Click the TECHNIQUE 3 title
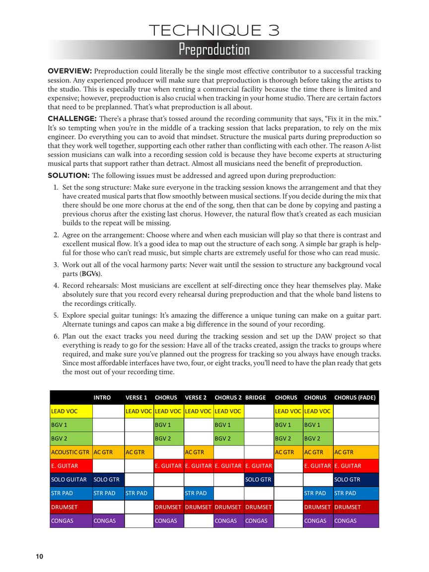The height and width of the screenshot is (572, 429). tap(214, 31)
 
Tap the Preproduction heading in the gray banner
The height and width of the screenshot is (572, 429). tap(214, 50)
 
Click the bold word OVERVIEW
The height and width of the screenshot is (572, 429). tap(70, 71)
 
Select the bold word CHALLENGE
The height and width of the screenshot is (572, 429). tap(71, 118)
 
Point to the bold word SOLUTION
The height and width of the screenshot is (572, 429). tap(69, 175)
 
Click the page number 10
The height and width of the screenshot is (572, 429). tap(39, 557)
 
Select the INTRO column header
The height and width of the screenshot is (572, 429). tap(102, 398)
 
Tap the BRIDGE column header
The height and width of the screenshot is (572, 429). tap(256, 398)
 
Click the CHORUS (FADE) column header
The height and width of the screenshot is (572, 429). tap(355, 398)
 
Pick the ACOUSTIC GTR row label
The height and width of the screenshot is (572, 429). tap(70, 452)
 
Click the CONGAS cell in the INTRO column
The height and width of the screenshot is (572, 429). tap(105, 521)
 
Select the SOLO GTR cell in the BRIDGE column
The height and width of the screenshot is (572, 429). tap(258, 480)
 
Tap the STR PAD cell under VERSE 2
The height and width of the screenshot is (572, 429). tap(196, 494)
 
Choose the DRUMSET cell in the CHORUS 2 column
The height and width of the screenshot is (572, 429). tap(228, 507)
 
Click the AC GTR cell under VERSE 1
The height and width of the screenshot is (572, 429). tap(136, 452)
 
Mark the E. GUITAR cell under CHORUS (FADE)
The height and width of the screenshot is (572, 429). tap(348, 466)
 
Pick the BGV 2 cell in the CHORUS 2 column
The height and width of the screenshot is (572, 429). tap(222, 438)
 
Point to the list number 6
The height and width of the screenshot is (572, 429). tap(56, 336)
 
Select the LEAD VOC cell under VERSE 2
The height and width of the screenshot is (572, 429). tap(198, 411)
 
